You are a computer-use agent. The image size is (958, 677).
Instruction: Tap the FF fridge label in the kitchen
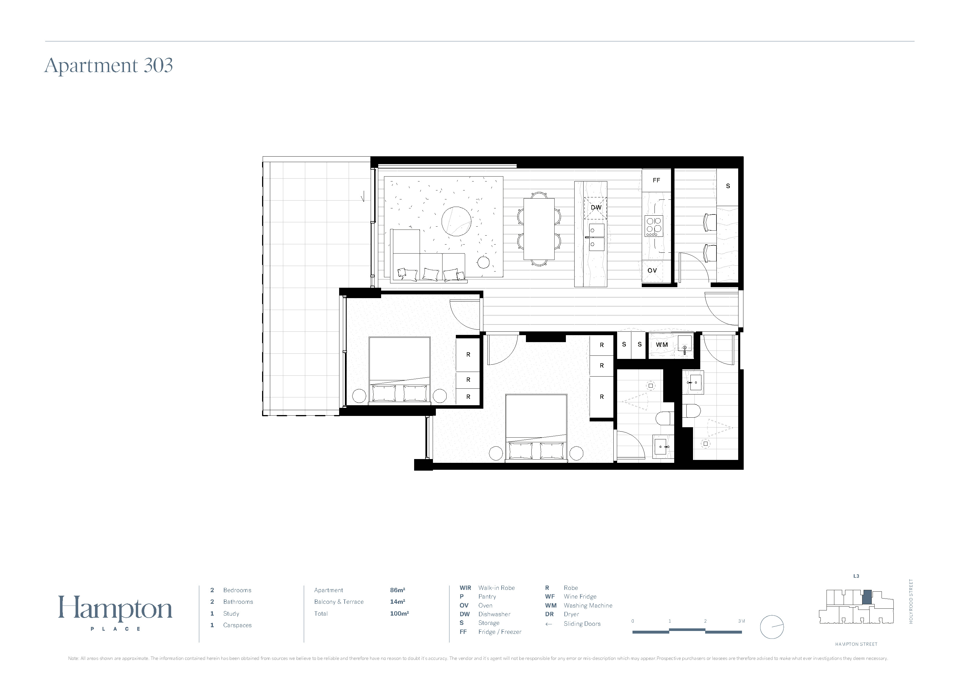pyautogui.click(x=656, y=180)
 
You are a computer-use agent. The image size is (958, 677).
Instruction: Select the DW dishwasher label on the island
pyautogui.click(x=596, y=207)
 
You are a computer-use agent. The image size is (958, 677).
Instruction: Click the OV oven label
pyautogui.click(x=652, y=270)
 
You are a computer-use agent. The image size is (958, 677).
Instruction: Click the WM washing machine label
pyautogui.click(x=662, y=344)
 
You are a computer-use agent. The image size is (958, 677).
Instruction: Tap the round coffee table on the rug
pyautogui.click(x=456, y=221)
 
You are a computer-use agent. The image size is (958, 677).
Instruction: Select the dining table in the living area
pyautogui.click(x=539, y=229)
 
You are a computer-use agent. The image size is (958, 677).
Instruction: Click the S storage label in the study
pyautogui.click(x=728, y=186)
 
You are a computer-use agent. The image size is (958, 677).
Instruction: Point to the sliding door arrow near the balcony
pyautogui.click(x=363, y=196)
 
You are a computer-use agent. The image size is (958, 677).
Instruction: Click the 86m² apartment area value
pyautogui.click(x=398, y=590)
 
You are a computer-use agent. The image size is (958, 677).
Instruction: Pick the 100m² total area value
pyautogui.click(x=399, y=614)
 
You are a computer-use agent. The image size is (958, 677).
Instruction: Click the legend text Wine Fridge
pyautogui.click(x=580, y=597)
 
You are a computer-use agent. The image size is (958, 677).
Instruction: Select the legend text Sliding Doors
pyautogui.click(x=582, y=624)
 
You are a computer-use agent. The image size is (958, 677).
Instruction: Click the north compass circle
pyautogui.click(x=772, y=627)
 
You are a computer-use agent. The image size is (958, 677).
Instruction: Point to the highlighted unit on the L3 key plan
pyautogui.click(x=866, y=597)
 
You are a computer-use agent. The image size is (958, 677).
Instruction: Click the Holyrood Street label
pyautogui.click(x=911, y=601)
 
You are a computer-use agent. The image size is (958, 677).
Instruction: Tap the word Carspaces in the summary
pyautogui.click(x=237, y=625)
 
